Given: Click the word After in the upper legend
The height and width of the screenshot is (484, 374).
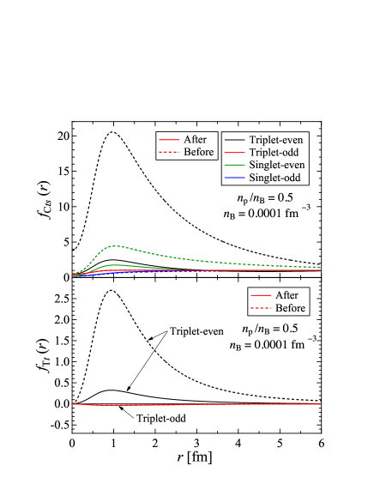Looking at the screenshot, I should point(195,139).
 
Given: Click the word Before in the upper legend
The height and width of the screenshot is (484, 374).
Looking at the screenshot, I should point(198,152).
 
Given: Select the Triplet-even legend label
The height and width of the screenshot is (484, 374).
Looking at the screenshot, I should point(275,139).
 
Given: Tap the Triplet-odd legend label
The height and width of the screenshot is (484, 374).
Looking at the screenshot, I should point(274,152).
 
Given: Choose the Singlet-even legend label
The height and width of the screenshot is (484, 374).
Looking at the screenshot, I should point(276,165).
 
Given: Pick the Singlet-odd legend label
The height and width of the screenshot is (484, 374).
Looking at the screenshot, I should point(274,178).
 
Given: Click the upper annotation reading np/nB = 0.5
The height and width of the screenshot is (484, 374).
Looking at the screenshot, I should point(266,198).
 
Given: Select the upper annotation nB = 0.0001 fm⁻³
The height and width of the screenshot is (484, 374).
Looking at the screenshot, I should point(266,214).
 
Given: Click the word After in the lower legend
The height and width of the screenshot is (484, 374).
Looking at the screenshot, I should point(287,295).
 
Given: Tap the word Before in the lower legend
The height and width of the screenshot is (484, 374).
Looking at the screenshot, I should point(290,308).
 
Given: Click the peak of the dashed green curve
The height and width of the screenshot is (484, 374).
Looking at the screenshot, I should point(118,245).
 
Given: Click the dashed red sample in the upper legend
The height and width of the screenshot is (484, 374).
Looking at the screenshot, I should point(169,152).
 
